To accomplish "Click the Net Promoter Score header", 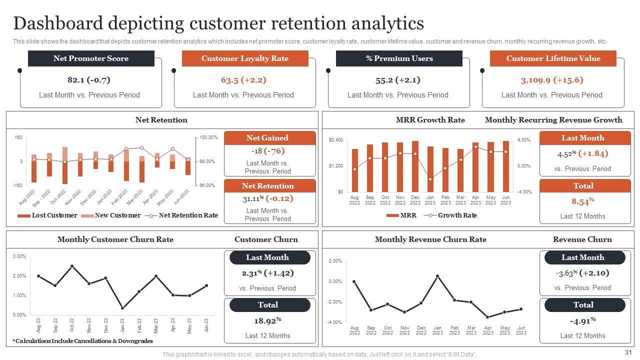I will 91,58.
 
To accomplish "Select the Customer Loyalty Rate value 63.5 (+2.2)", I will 243,80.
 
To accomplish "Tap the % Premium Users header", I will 399,58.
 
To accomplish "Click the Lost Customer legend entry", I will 49,215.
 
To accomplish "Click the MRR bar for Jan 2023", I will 430,169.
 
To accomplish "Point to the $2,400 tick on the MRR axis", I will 336,140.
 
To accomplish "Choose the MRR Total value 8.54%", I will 583,201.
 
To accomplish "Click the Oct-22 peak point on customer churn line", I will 72,266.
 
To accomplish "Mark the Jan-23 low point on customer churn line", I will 122,308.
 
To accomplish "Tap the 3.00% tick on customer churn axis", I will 19,256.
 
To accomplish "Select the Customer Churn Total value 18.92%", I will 267,320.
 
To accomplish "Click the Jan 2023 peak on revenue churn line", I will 437,276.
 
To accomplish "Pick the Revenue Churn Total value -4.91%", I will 583,320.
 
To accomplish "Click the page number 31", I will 629,352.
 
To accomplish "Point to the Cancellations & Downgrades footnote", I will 83,341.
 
